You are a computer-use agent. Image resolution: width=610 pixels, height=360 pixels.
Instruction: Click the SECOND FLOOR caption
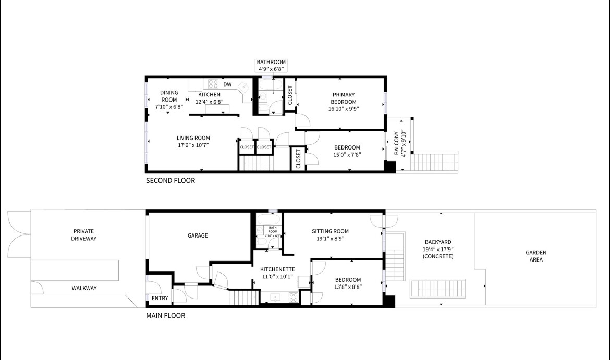(x=170, y=181)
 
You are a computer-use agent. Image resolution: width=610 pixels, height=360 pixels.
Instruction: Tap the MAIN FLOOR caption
(x=165, y=315)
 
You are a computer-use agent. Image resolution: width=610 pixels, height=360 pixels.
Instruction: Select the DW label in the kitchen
(x=227, y=84)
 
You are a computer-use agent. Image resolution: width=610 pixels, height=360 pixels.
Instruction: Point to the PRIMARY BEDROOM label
(x=344, y=98)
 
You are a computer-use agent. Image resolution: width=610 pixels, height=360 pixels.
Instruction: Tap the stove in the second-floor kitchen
(x=213, y=83)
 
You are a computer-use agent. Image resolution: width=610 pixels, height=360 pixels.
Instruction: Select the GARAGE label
(x=198, y=235)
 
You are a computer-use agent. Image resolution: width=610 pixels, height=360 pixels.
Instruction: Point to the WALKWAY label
(x=84, y=288)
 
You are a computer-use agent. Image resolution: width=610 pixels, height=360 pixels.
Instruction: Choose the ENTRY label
(x=160, y=299)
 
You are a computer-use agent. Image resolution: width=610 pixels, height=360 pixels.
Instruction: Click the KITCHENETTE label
(x=277, y=269)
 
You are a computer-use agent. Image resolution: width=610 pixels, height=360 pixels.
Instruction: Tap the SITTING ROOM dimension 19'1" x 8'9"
(x=330, y=239)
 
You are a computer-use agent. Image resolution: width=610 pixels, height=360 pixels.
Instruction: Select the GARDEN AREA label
(x=535, y=256)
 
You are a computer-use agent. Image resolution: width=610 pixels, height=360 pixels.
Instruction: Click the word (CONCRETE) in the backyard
(x=437, y=256)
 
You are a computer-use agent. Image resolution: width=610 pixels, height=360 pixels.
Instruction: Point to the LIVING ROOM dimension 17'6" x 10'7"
(x=193, y=145)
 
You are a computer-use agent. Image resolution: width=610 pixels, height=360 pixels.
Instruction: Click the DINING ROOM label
(x=169, y=96)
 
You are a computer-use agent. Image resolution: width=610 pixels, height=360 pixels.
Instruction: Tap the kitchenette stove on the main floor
(x=293, y=297)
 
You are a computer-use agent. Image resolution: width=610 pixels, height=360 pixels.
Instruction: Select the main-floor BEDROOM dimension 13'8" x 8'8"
(x=348, y=287)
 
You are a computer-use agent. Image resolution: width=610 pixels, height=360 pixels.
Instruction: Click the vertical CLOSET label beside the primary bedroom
(x=290, y=95)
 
